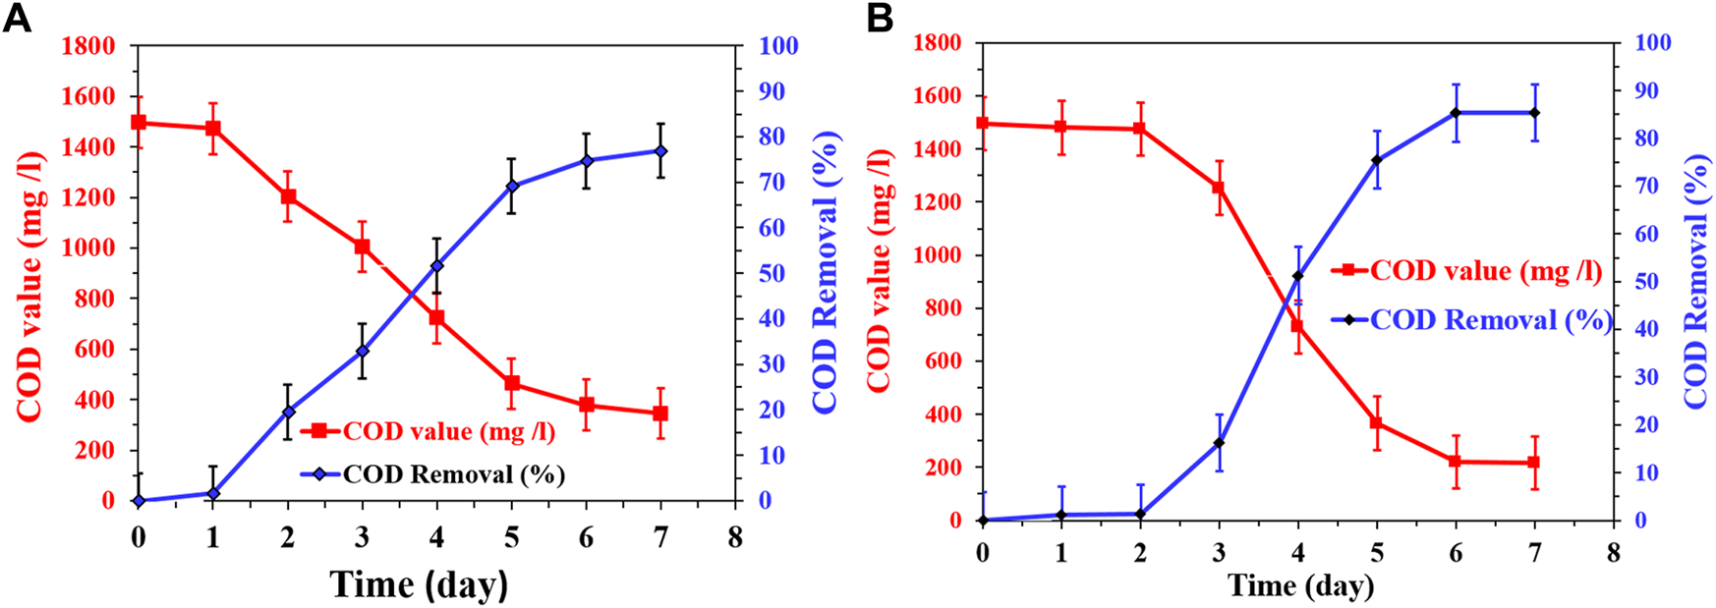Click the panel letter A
tap(17, 18)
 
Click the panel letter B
tap(880, 18)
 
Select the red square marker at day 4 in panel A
tap(436, 318)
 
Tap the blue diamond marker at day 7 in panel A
tap(660, 151)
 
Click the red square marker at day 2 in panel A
tap(288, 196)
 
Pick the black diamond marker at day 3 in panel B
tap(1219, 443)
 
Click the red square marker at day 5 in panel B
tap(1377, 423)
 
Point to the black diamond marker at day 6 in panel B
tap(1456, 113)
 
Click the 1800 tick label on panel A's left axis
tap(88, 46)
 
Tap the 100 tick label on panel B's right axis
tap(1652, 43)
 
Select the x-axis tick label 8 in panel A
tap(735, 537)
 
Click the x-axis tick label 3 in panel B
tap(1219, 553)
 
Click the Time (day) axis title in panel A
tap(420, 584)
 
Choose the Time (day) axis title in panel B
tap(1300, 586)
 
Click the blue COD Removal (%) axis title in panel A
tap(826, 272)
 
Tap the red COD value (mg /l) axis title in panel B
tap(880, 271)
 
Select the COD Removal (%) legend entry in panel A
tap(453, 474)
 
